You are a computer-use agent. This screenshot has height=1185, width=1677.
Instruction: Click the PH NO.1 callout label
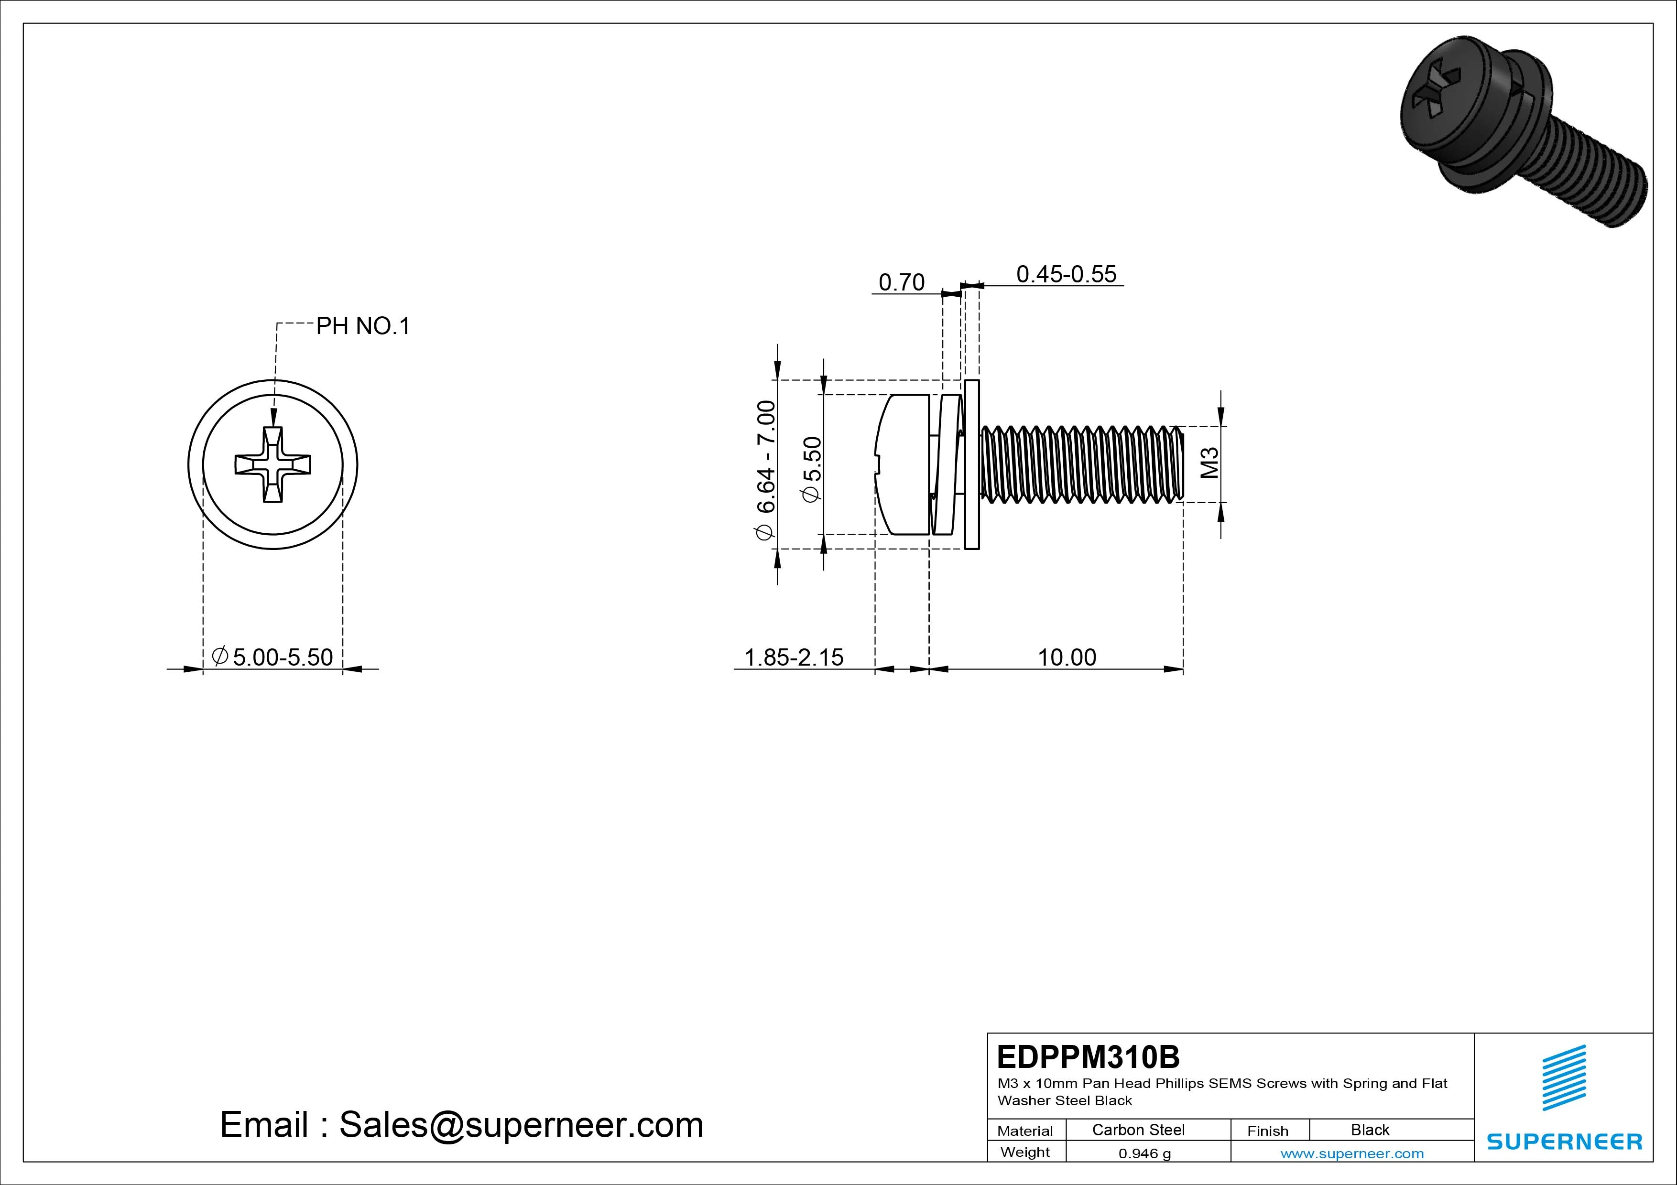pyautogui.click(x=363, y=326)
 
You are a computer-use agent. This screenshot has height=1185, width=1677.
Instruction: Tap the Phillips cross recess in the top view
pyautogui.click(x=272, y=464)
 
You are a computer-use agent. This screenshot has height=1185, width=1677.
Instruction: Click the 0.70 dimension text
pyautogui.click(x=901, y=282)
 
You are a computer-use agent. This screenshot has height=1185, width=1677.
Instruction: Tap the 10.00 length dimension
pyautogui.click(x=1067, y=657)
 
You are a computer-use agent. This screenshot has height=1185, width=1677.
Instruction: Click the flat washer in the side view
pyautogui.click(x=971, y=464)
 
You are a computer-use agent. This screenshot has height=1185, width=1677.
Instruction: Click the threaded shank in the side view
pyautogui.click(x=1081, y=464)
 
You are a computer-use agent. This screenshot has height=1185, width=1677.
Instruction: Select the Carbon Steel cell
pyautogui.click(x=1138, y=1130)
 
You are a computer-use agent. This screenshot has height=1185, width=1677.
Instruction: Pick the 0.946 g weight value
pyautogui.click(x=1144, y=1153)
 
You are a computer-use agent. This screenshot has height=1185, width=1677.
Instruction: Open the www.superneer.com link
pyautogui.click(x=1352, y=1153)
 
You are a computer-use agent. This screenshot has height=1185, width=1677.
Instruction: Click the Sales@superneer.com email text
pyautogui.click(x=462, y=1125)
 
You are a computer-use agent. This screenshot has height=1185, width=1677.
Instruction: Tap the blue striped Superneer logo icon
pyautogui.click(x=1563, y=1077)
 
